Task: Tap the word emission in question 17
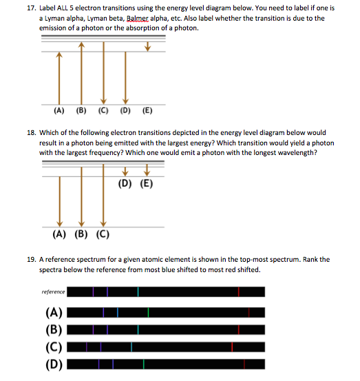tap(56, 28)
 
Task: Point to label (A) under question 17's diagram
tap(59, 110)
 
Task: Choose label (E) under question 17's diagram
tap(147, 110)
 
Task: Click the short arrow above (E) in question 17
tap(147, 47)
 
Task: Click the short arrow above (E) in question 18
tap(147, 172)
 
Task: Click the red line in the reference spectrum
tap(240, 292)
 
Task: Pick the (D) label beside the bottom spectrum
tap(54, 364)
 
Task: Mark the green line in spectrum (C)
tap(130, 346)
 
